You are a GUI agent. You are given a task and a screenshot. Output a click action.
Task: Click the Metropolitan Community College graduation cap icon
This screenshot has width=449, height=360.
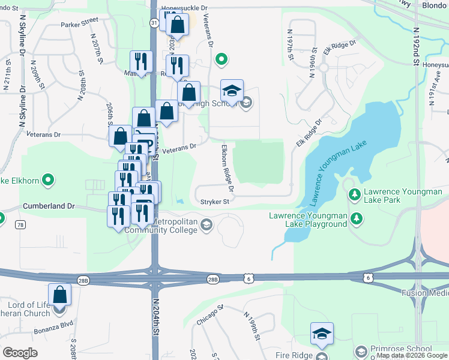(206, 225)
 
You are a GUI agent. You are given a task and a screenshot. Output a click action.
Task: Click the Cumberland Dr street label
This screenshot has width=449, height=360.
(48, 206)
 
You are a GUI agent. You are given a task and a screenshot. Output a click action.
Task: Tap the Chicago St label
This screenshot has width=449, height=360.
(209, 316)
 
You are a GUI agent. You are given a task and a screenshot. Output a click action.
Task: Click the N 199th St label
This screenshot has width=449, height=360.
(251, 326)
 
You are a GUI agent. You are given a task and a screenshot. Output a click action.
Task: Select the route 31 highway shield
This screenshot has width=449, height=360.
(154, 23)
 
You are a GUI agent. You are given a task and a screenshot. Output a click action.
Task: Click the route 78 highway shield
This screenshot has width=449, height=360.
(20, 224)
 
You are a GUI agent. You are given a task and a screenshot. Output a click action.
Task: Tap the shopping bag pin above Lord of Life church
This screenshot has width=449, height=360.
(59, 295)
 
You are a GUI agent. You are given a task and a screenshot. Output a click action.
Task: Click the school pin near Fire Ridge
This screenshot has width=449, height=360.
(322, 334)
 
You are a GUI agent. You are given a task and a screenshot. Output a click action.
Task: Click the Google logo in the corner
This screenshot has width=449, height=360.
(19, 353)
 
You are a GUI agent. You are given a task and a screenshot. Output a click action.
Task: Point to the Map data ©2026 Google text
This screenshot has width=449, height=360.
(412, 356)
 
